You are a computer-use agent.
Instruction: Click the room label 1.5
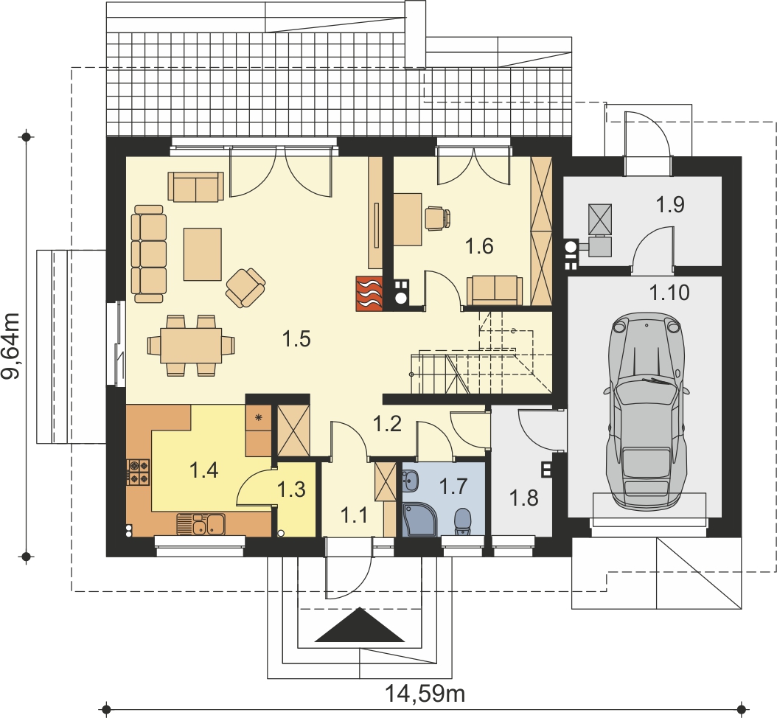296,339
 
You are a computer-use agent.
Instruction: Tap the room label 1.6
480,246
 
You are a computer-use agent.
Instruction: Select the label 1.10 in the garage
669,293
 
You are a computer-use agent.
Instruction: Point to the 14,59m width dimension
425,694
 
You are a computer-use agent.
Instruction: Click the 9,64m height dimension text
11,346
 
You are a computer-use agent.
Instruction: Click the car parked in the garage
647,409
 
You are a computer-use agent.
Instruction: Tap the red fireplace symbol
369,293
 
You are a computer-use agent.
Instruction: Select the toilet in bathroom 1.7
463,522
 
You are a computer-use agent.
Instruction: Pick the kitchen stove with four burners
139,472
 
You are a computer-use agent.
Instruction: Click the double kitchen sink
201,524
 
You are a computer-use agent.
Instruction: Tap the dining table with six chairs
191,345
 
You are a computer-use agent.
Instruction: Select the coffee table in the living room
202,254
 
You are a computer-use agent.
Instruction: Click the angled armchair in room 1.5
245,287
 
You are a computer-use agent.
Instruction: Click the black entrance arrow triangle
359,625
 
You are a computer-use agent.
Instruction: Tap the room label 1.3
291,489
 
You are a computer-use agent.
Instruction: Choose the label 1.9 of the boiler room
670,204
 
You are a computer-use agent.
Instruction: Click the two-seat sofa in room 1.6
495,291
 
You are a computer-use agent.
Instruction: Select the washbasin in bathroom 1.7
411,479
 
